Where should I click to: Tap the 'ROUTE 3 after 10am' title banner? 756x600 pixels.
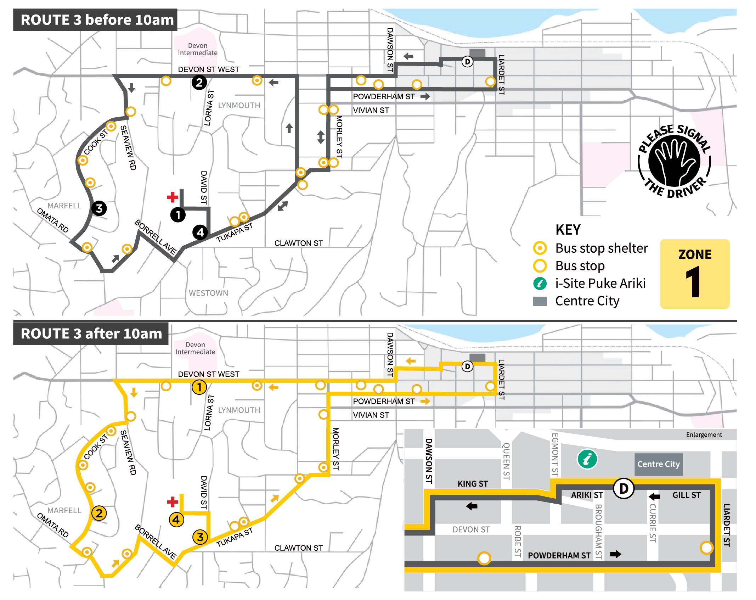click(x=91, y=333)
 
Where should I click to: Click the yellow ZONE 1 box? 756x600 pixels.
click(x=694, y=274)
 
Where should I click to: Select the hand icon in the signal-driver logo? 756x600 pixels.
click(x=674, y=161)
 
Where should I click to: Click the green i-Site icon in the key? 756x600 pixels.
click(x=540, y=283)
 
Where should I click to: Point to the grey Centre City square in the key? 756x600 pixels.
click(x=540, y=301)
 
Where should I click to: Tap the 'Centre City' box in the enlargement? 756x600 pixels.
click(x=658, y=464)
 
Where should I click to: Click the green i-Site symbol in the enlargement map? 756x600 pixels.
click(x=587, y=459)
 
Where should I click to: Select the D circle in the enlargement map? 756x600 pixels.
click(x=624, y=488)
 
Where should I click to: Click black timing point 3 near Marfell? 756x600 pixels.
click(x=99, y=208)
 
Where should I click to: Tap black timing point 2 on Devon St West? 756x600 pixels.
click(x=199, y=83)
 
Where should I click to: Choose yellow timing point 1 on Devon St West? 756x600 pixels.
click(x=199, y=387)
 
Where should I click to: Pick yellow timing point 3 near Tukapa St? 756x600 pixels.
click(x=200, y=537)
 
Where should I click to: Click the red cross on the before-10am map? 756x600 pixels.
click(x=173, y=197)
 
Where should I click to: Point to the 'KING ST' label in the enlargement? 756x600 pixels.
click(x=473, y=484)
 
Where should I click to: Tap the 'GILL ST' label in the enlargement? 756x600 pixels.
click(x=686, y=495)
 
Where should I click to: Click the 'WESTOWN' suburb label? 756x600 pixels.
click(x=208, y=293)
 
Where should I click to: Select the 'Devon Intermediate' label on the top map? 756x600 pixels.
click(x=198, y=49)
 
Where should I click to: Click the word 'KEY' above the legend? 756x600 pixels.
click(x=568, y=230)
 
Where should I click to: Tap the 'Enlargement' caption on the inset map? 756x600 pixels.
click(x=704, y=435)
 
